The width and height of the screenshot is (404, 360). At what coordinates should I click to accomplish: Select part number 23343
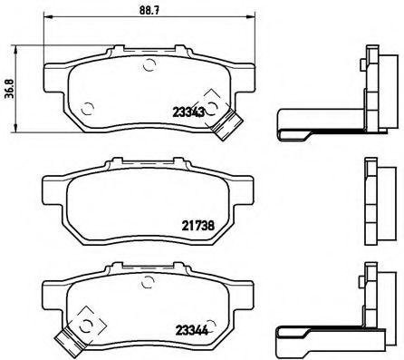click(x=188, y=112)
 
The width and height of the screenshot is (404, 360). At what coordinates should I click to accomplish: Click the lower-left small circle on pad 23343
click(x=88, y=112)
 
